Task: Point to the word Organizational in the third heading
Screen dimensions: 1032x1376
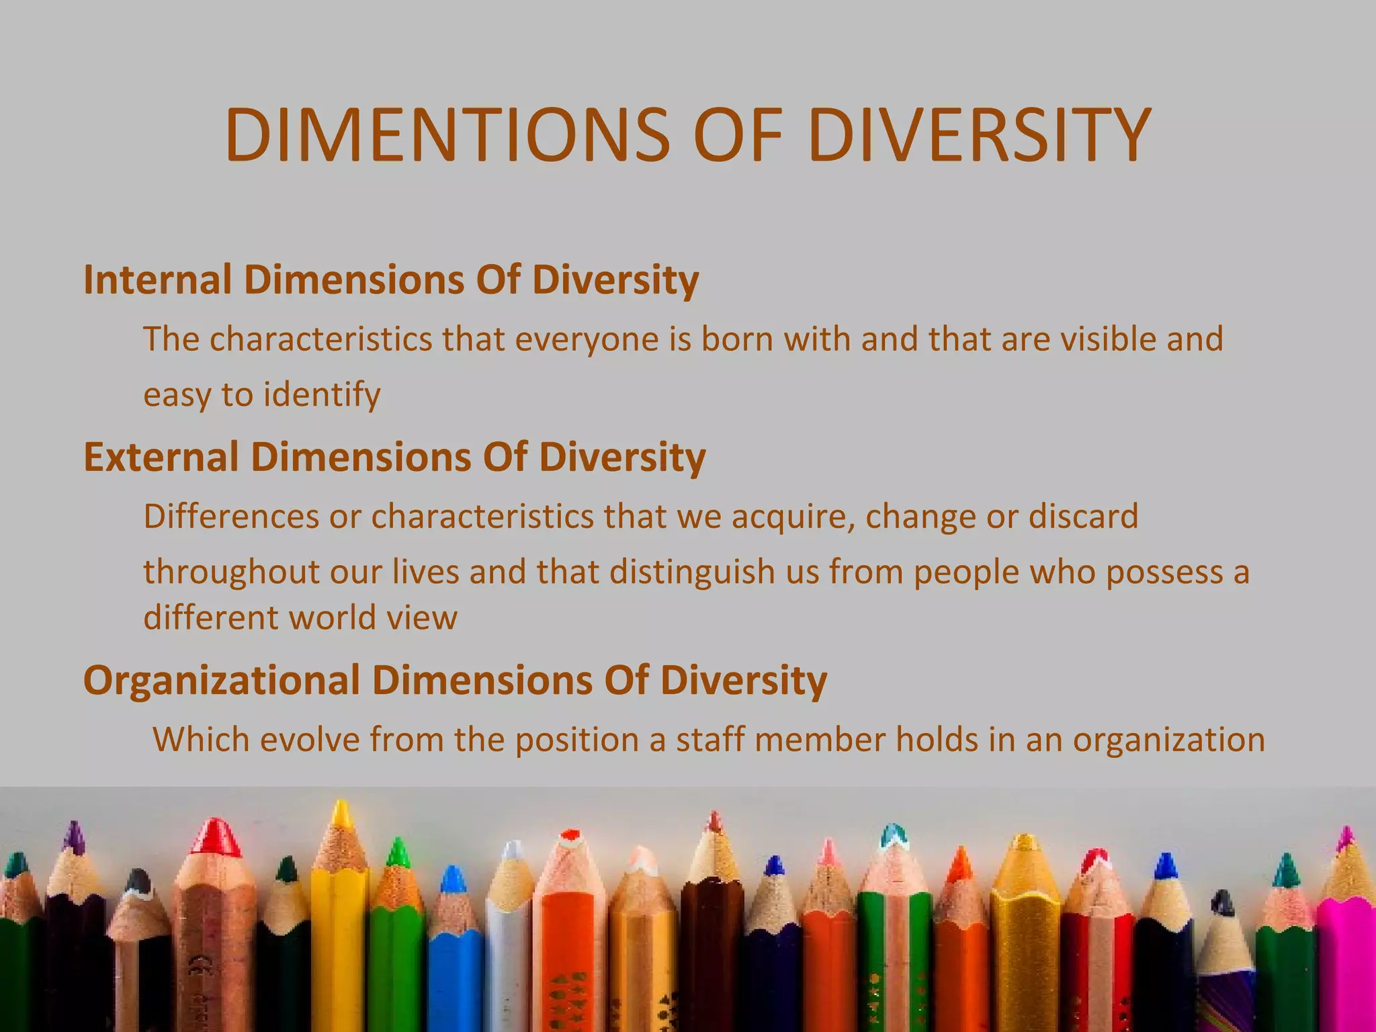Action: pyautogui.click(x=222, y=680)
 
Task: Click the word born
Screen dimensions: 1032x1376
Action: pyautogui.click(x=738, y=339)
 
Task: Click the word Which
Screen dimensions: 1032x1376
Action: pyautogui.click(x=201, y=740)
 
